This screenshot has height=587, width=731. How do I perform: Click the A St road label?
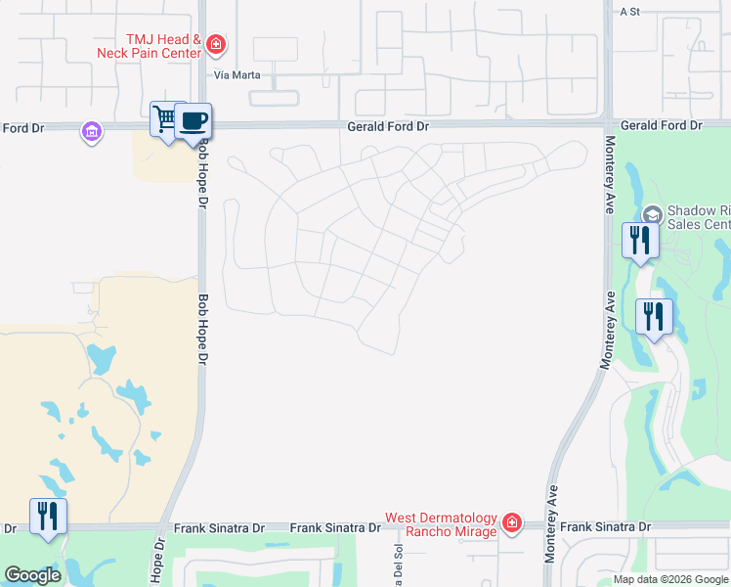tap(629, 12)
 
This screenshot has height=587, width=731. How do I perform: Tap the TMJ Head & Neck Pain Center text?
tap(149, 46)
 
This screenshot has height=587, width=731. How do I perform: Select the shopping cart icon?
tap(164, 119)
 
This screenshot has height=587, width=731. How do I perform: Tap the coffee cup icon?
tap(193, 119)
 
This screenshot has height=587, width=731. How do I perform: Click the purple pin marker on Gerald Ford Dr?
tap(92, 131)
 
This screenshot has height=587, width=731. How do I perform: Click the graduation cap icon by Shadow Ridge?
tap(653, 214)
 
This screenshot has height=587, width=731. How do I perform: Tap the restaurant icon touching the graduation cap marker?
tap(639, 240)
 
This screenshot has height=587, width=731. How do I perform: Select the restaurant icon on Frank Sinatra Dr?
tap(48, 516)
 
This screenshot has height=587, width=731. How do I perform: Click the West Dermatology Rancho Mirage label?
tap(440, 525)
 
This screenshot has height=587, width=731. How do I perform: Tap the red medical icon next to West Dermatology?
tap(510, 524)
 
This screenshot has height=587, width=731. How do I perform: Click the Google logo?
tap(32, 575)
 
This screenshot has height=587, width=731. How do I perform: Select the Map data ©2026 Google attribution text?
tap(670, 579)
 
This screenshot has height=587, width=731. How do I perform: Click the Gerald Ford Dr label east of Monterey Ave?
tap(661, 126)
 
